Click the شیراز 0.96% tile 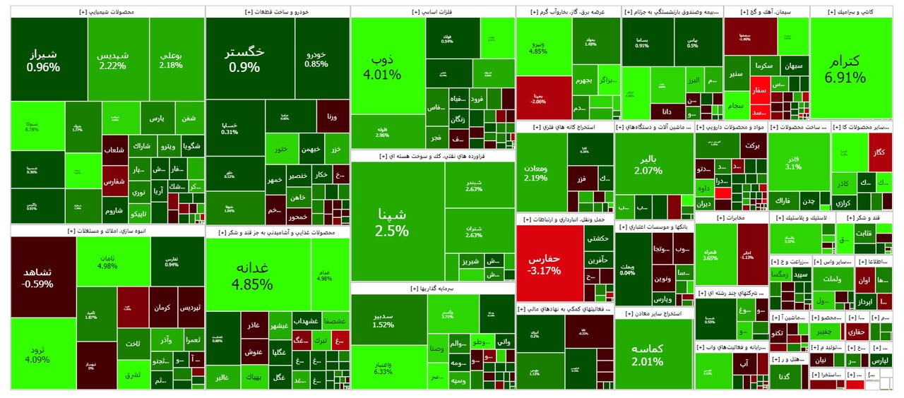[43, 61]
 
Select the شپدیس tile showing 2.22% [113, 60]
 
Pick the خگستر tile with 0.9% [244, 60]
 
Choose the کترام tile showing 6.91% [850, 67]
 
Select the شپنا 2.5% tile [392, 222]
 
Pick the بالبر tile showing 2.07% [648, 164]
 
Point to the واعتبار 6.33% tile [383, 367]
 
